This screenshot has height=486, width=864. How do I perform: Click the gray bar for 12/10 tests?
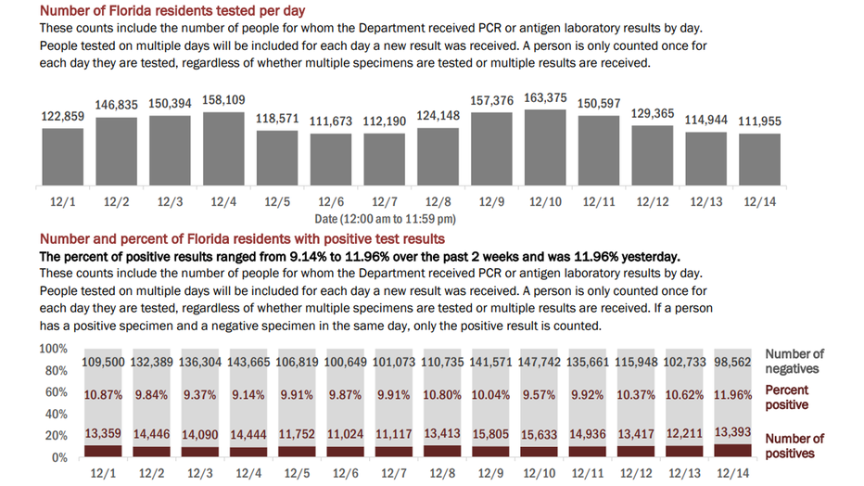545,147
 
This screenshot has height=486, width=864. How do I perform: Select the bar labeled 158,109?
223,148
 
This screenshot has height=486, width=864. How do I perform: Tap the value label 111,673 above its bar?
331,121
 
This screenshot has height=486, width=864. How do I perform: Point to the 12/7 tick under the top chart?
385,201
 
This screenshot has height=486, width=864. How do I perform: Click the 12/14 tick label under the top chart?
760,201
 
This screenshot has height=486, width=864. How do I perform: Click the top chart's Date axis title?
385,219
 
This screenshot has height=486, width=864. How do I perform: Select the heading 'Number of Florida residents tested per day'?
172,10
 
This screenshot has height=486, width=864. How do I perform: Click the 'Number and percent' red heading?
242,238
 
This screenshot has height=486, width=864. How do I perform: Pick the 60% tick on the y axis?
57,391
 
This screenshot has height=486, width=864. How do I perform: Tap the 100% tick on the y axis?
53,348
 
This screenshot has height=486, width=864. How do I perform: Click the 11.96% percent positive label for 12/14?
733,395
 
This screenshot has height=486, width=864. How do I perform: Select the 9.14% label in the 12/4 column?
248,395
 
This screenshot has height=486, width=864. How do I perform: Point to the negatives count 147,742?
539,362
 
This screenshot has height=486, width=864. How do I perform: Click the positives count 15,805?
490,434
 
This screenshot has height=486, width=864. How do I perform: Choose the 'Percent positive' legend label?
787,397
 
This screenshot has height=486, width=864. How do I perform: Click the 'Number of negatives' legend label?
794,361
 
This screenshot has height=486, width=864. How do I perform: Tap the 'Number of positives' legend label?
794,446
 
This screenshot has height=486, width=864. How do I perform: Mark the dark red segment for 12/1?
103,452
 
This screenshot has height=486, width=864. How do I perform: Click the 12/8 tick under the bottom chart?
442,473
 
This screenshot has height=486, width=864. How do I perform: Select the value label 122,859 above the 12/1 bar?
63,116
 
